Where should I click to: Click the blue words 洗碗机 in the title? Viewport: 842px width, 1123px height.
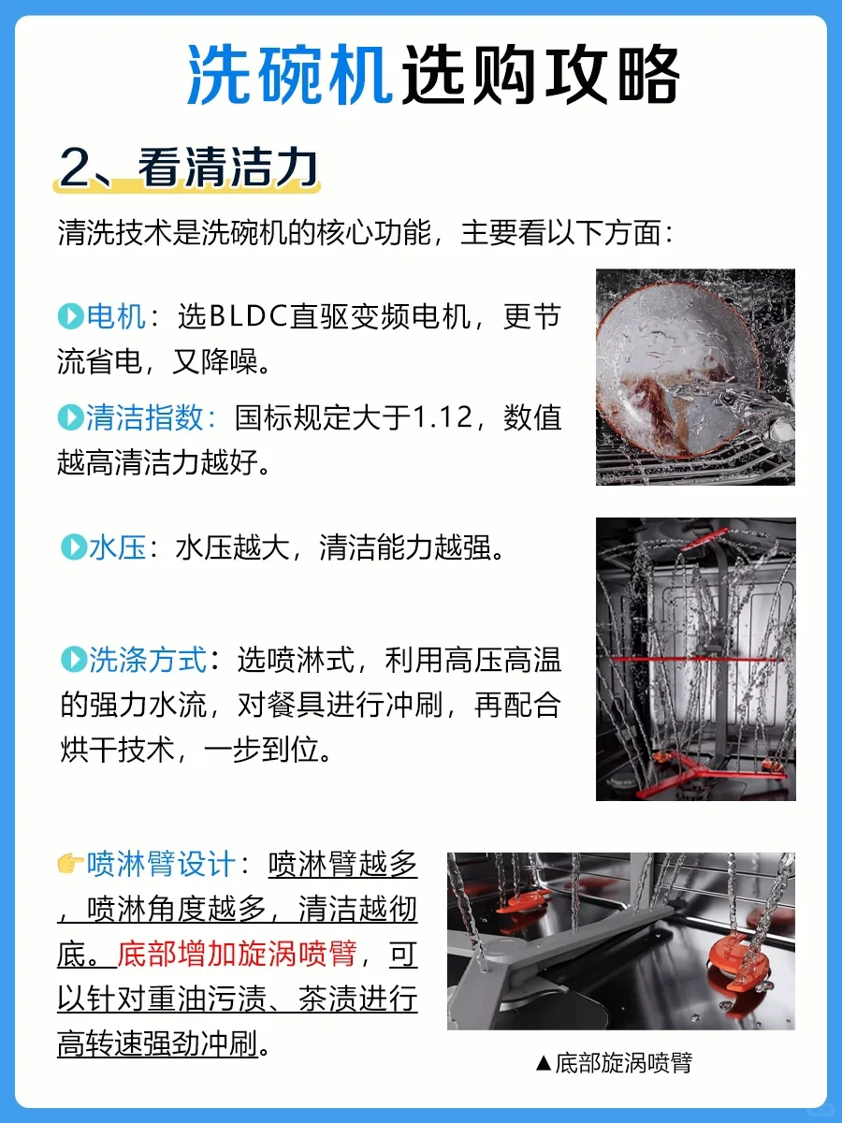click(290, 75)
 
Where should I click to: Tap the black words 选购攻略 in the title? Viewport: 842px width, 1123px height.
click(541, 75)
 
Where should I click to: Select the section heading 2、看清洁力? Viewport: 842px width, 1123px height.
click(188, 168)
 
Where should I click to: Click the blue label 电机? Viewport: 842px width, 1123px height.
click(117, 316)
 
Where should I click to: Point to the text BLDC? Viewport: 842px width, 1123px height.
click(249, 316)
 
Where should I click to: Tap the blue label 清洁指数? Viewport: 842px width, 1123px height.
click(146, 417)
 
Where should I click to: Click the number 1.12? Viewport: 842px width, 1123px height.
click(443, 417)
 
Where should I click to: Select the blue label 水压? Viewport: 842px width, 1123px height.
click(118, 547)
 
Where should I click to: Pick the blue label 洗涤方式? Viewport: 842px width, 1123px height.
click(148, 660)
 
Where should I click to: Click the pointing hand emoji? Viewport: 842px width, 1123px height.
click(70, 864)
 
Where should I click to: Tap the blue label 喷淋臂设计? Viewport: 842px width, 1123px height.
click(161, 864)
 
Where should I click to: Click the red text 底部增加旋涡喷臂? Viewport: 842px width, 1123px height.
click(237, 954)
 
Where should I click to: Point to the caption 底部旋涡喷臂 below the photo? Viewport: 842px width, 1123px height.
click(624, 1063)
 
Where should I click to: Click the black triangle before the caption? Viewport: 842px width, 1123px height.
click(544, 1064)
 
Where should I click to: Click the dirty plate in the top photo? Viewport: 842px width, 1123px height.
click(677, 369)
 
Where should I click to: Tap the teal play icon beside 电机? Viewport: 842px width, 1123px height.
click(70, 316)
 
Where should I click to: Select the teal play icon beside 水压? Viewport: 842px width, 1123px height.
click(74, 547)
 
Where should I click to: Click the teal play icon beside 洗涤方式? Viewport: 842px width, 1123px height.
click(74, 660)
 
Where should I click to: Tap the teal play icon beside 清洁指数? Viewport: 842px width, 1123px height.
click(70, 417)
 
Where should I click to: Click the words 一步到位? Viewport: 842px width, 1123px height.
click(262, 750)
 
